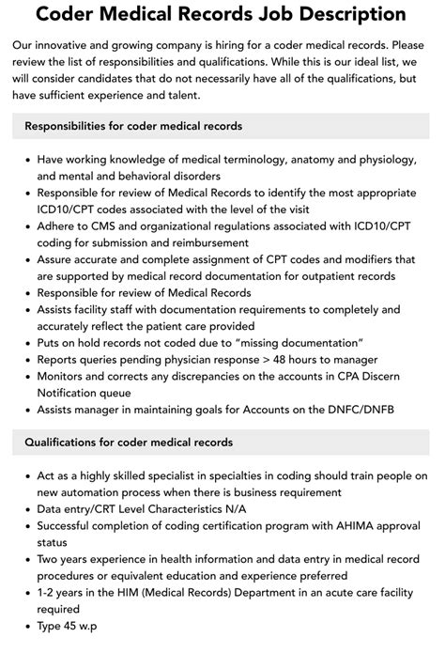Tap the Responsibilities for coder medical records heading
coord(133,125)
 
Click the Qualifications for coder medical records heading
coord(129,442)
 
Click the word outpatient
coord(336,276)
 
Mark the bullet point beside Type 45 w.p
coord(28,627)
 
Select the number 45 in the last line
coord(78,627)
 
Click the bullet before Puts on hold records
coord(28,344)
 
